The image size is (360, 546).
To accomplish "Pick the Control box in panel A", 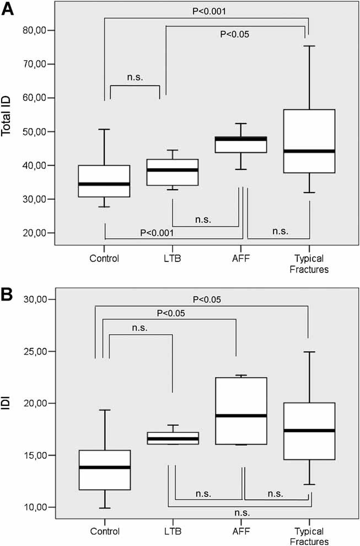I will click(105, 181).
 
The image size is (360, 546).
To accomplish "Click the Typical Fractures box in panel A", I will click(308, 141).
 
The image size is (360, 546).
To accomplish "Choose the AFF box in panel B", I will click(241, 411).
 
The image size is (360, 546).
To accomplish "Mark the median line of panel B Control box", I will click(105, 467).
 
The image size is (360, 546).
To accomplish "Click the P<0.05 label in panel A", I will click(235, 35).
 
